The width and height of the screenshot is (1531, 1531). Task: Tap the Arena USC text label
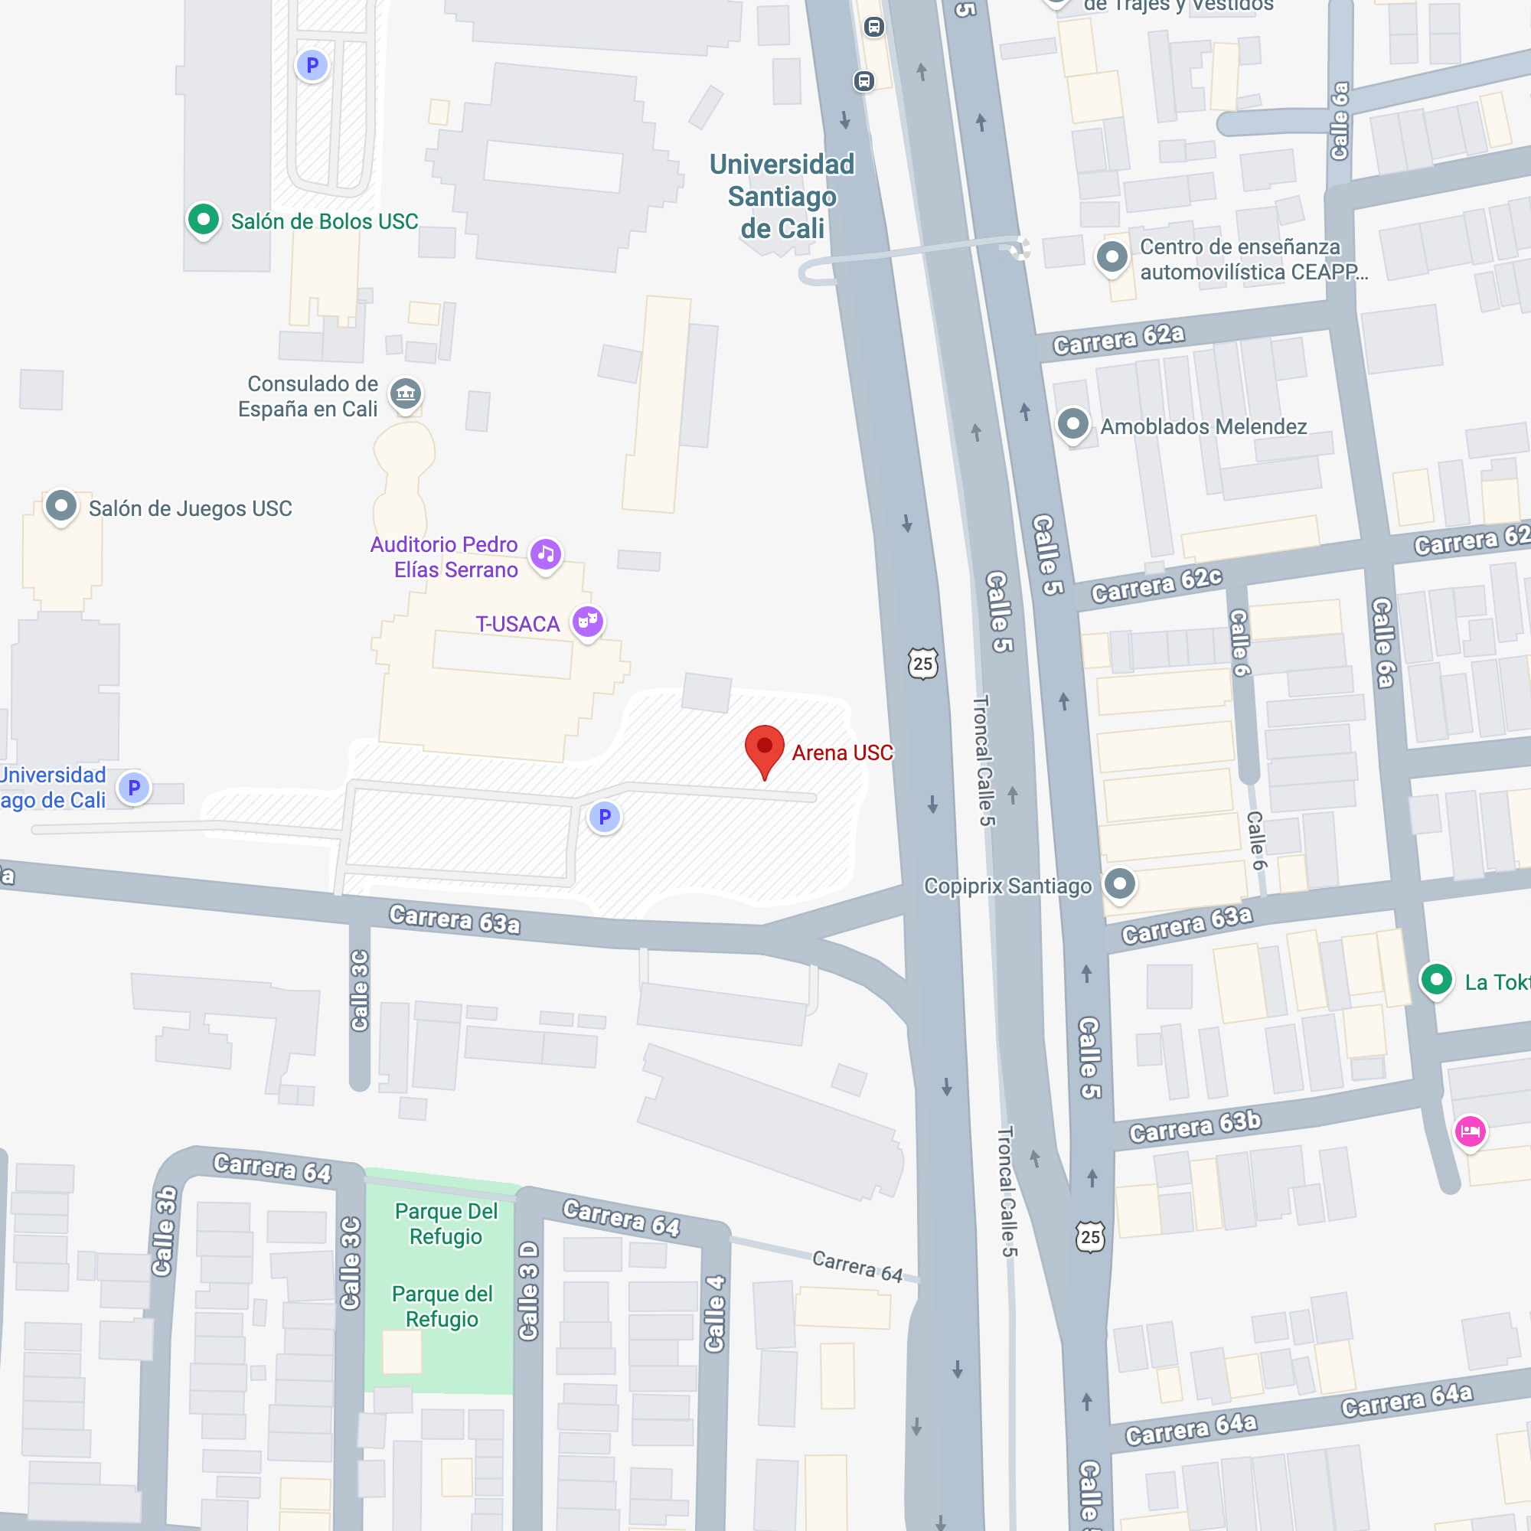(x=842, y=752)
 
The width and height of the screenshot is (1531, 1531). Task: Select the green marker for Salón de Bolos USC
(x=204, y=219)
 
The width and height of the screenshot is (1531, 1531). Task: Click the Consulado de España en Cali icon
(x=406, y=393)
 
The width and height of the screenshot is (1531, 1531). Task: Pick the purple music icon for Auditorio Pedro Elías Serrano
(x=546, y=554)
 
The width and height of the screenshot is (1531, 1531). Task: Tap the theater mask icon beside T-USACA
(x=588, y=622)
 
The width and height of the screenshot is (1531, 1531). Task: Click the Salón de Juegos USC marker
(x=61, y=505)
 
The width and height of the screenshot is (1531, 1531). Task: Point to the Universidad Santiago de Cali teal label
(x=782, y=197)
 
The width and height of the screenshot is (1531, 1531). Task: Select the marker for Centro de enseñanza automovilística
(x=1112, y=256)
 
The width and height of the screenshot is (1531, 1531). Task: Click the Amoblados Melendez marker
(x=1073, y=424)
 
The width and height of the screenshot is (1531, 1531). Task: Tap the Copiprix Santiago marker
(x=1119, y=883)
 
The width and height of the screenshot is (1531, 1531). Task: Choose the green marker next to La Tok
(x=1436, y=980)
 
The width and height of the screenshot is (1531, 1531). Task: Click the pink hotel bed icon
(x=1470, y=1131)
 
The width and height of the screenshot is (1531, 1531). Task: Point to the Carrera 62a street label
(x=1118, y=339)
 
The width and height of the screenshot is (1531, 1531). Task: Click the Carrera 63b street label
(x=1194, y=1127)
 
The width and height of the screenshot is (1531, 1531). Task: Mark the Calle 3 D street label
(x=528, y=1291)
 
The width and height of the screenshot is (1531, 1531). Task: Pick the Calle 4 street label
(x=715, y=1313)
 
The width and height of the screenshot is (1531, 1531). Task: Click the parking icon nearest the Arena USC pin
(x=605, y=816)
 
